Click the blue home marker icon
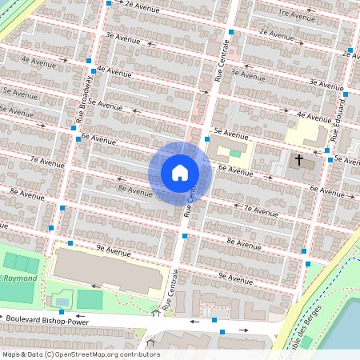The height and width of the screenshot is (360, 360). (x=180, y=173)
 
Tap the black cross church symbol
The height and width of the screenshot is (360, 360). (x=299, y=160)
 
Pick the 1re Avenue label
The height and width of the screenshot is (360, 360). (x=296, y=14)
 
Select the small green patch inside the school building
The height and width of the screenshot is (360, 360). (x=234, y=153)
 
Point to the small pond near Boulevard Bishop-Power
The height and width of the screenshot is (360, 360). (x=62, y=301)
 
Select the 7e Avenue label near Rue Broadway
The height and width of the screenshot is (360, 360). (x=46, y=160)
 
